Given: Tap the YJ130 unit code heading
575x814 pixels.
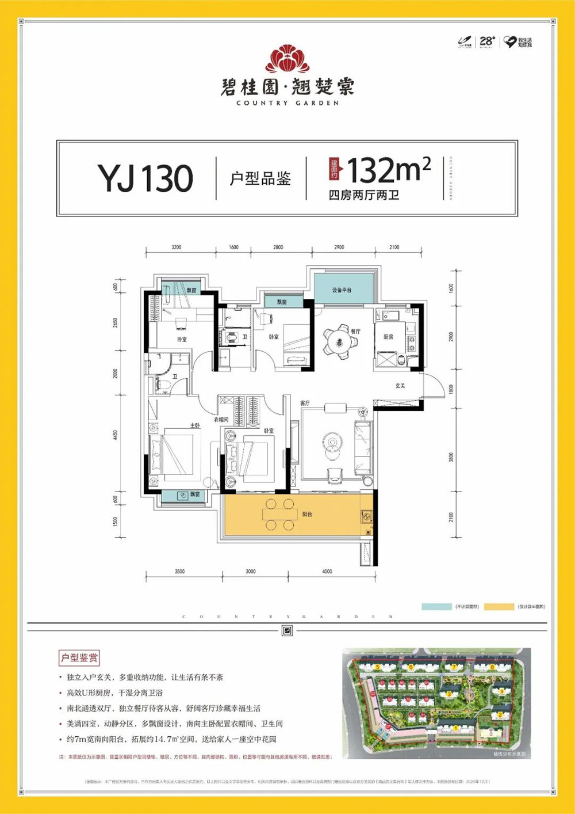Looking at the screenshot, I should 145,178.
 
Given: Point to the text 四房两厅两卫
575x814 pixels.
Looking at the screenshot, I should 363,195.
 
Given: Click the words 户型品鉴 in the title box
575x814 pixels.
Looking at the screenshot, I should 260,178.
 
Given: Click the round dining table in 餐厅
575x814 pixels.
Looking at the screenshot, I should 339,342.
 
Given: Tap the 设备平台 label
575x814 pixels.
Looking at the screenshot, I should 342,290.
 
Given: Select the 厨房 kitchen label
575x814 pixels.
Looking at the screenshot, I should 389,337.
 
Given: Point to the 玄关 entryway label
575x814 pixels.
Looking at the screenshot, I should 400,386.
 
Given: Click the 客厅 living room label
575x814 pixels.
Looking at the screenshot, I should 305,403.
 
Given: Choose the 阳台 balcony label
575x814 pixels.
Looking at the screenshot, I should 307,514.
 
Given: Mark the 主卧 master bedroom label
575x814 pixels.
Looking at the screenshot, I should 195,425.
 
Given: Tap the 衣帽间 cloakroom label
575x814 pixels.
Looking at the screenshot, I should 221,420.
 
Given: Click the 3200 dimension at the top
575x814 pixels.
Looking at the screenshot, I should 176,248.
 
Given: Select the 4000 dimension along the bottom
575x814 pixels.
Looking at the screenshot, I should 327,572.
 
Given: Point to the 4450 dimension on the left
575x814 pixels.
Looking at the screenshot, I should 116,434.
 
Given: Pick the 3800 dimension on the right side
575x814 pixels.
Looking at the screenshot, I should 451,458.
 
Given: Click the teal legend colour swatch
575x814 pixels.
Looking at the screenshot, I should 436,607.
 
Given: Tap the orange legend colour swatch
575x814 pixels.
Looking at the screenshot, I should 499,607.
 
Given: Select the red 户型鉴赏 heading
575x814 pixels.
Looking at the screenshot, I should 79,657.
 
